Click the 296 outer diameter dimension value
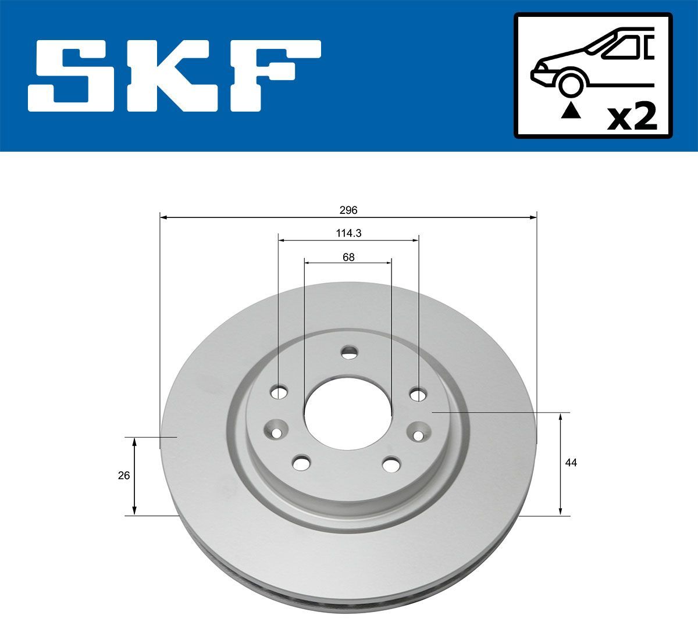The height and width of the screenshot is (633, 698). tap(348, 210)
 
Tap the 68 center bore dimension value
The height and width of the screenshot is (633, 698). tap(348, 256)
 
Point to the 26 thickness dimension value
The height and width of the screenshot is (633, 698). tap(123, 475)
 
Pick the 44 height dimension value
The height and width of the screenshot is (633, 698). tap(571, 463)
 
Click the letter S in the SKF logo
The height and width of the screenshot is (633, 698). tap(70, 76)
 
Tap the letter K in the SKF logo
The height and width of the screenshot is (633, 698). tap(170, 76)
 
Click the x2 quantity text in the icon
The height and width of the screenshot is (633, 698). tap(632, 117)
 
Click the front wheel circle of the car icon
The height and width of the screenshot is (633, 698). tap(571, 84)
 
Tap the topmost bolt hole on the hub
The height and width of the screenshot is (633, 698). tap(349, 352)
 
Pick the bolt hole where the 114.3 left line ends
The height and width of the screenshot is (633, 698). tap(279, 393)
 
